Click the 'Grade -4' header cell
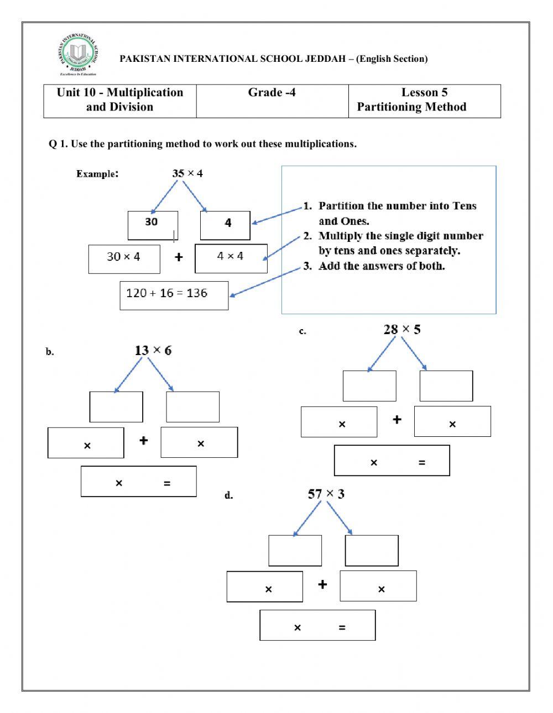coord(272,101)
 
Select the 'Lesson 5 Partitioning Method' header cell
coord(424,101)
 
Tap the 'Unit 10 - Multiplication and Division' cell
coord(120,101)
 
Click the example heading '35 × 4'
coord(187,173)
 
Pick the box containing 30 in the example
coord(153,225)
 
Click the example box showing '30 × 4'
coord(124,258)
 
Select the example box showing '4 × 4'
coord(231,258)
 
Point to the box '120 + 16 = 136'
coord(174,295)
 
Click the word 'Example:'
coord(97,174)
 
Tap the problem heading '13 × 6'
coord(153,350)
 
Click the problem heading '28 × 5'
coord(402,330)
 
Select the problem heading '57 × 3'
coord(326,494)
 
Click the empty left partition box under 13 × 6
coord(116,407)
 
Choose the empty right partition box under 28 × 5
coord(446,385)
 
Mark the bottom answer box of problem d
coord(317,625)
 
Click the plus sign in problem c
coord(397,420)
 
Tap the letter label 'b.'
coord(50,352)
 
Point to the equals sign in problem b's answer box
coord(167,484)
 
